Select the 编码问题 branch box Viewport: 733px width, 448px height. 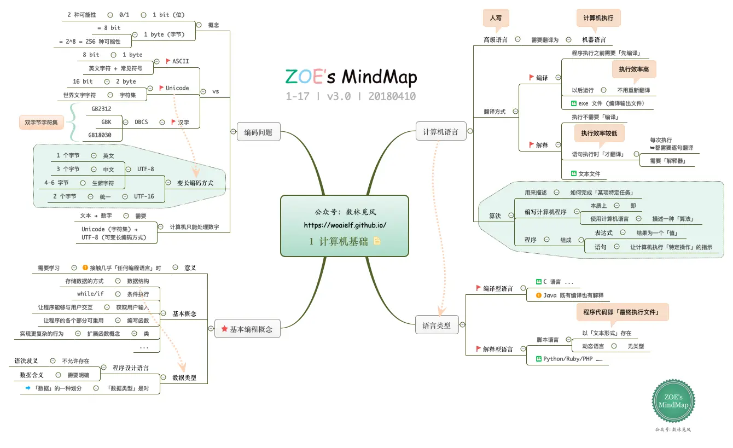click(x=258, y=132)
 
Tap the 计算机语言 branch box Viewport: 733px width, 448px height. click(x=440, y=131)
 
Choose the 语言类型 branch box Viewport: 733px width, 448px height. click(x=437, y=325)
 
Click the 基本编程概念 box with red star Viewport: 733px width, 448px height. click(x=247, y=329)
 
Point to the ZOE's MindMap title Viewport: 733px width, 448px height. click(x=351, y=77)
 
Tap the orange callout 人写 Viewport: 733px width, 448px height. click(x=496, y=18)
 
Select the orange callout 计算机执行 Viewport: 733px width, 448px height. click(x=598, y=18)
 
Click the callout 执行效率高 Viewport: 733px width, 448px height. click(x=633, y=69)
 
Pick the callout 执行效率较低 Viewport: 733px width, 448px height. click(x=599, y=133)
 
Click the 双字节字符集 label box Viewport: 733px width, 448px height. click(x=41, y=122)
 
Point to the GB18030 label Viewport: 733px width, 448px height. click(x=100, y=135)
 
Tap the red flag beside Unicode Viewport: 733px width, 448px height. click(x=161, y=88)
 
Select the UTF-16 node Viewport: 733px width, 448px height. click(x=144, y=196)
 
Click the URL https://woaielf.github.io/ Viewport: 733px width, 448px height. click(x=345, y=225)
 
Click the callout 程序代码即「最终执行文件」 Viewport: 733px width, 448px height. click(x=622, y=312)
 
